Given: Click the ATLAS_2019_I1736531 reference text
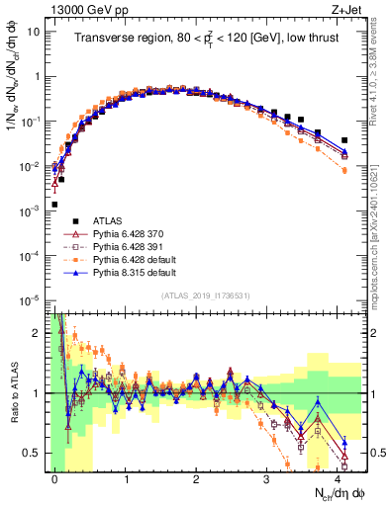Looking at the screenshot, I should point(199,295).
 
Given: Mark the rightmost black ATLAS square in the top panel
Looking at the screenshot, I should point(343,140).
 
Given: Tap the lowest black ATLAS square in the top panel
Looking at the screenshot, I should point(54,205).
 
